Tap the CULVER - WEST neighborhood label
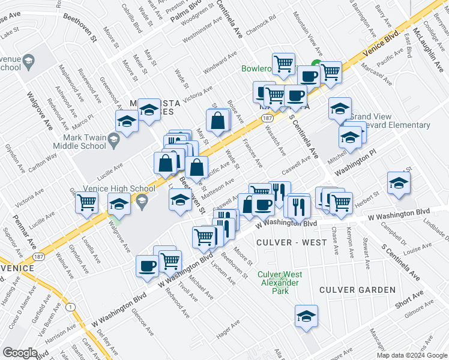point(285,242)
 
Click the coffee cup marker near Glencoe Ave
point(146,266)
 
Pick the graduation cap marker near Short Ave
point(306,317)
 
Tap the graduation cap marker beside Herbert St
point(398,184)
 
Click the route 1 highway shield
point(71,307)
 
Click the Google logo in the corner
point(20,352)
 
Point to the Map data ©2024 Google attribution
point(411,355)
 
